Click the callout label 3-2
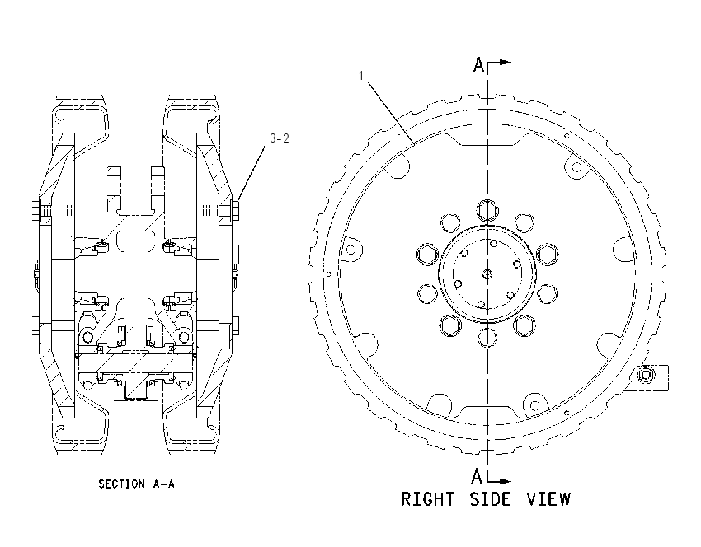tap(280, 138)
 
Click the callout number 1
tap(361, 76)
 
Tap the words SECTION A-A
tap(136, 484)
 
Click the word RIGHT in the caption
tap(427, 498)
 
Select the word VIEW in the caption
tap(548, 498)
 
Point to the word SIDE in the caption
tap(490, 498)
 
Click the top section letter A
tap(479, 65)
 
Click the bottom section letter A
tap(478, 476)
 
